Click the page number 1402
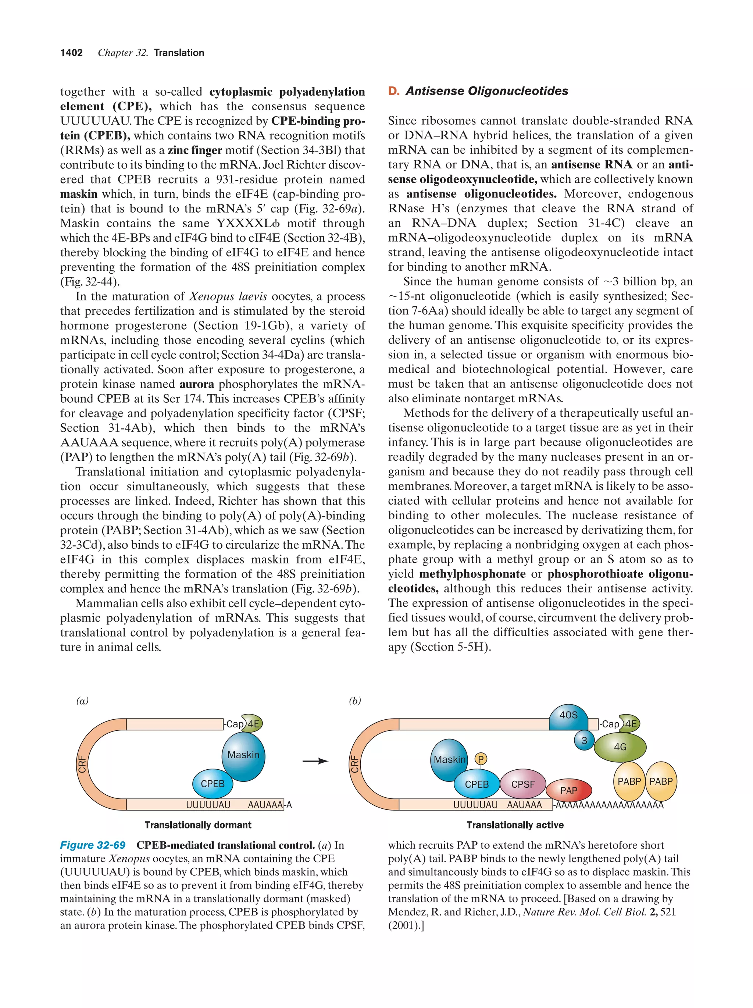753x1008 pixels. pos(72,53)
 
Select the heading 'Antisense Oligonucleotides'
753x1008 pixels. pos(486,91)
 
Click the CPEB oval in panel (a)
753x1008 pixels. pos(213,784)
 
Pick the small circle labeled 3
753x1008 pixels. pos(584,741)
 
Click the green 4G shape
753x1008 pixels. pos(620,747)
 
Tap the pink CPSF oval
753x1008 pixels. pos(522,784)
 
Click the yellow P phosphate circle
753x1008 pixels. pos(481,759)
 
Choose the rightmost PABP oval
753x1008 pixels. pos(661,781)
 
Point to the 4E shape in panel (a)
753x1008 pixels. pos(253,724)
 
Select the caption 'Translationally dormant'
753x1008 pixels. pos(198,825)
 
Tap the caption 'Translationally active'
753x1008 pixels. pos(515,825)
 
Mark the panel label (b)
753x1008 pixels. pos(355,701)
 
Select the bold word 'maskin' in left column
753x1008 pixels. pos(79,194)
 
